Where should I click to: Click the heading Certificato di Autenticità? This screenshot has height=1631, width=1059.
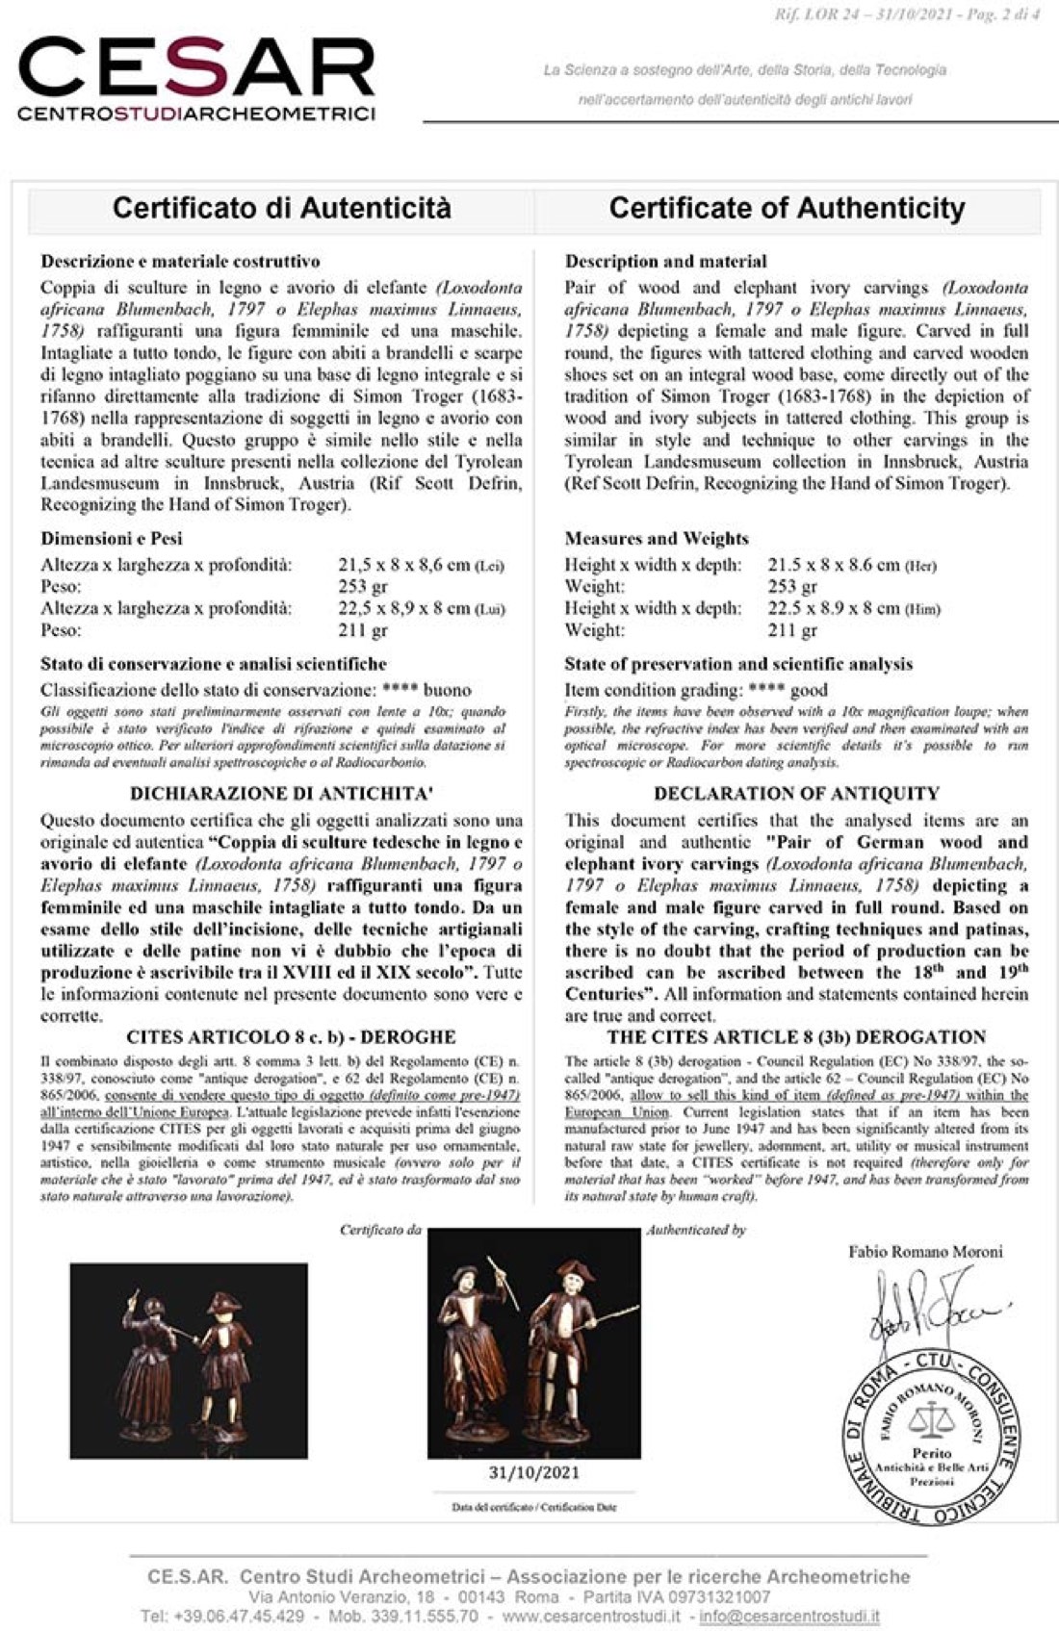click(281, 208)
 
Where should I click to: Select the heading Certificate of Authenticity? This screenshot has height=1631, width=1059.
click(787, 208)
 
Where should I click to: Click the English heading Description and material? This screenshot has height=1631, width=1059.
click(665, 261)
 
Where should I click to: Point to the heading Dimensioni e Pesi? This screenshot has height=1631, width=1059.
click(111, 538)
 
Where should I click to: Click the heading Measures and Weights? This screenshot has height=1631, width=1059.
click(656, 538)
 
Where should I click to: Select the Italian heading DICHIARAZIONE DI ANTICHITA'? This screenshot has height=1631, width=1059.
click(281, 794)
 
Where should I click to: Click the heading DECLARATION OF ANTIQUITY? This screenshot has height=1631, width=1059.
click(796, 794)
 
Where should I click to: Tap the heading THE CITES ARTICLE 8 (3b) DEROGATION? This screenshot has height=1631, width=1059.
click(796, 1037)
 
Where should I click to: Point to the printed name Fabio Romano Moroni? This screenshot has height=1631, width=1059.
click(925, 1251)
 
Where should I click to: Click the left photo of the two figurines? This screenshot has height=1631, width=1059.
click(189, 1360)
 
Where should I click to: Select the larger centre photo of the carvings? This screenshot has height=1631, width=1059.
click(533, 1342)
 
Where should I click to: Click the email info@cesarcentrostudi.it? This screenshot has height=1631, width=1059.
click(788, 1616)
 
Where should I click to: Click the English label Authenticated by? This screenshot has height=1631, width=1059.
click(696, 1230)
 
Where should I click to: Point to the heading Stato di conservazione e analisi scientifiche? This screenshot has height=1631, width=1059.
click(214, 664)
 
